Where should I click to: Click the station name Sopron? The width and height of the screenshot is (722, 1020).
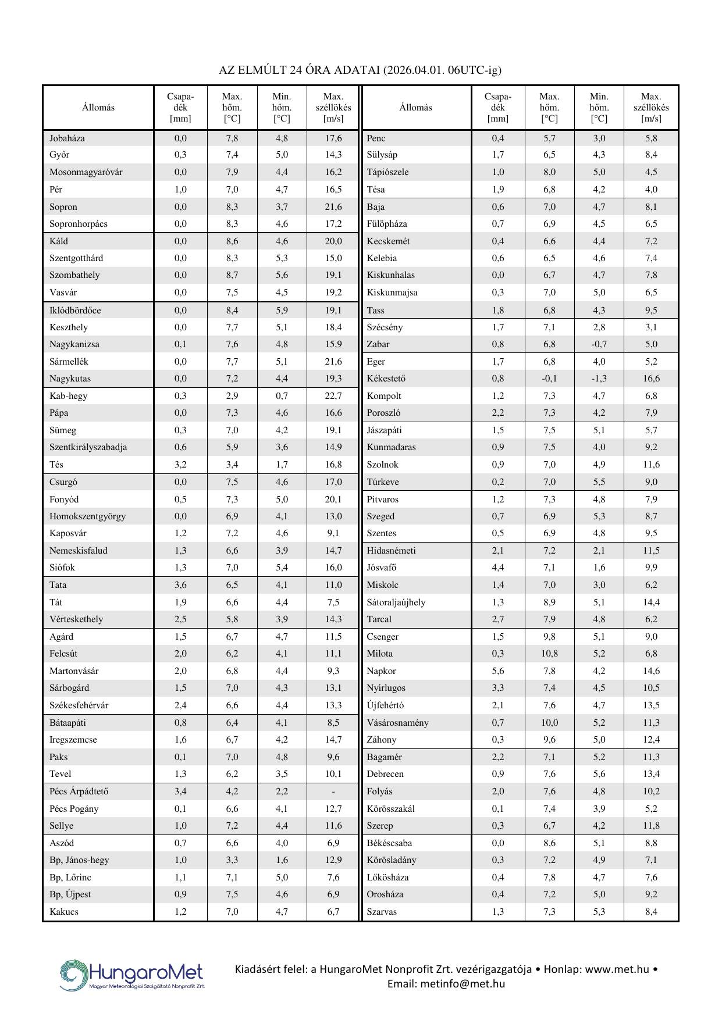tap(63, 207)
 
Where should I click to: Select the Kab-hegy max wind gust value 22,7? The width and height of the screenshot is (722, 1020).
tap(333, 396)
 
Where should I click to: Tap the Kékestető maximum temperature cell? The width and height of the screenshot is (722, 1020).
tap(549, 379)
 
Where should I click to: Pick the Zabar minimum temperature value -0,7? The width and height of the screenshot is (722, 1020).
tap(599, 344)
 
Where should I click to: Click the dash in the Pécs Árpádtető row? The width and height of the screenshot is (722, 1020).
tap(333, 791)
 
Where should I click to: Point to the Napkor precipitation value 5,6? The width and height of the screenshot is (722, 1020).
tap(498, 671)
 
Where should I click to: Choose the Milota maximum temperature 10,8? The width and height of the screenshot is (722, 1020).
tap(549, 654)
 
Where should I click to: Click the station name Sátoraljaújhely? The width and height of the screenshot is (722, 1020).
tap(396, 602)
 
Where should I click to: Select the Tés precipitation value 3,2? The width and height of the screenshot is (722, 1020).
tap(180, 465)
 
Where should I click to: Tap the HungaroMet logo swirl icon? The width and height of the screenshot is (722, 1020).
tap(74, 975)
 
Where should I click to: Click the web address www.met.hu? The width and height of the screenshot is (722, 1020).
tap(617, 969)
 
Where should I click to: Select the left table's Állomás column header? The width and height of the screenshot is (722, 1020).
tap(98, 108)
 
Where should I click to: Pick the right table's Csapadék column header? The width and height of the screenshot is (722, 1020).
tap(498, 108)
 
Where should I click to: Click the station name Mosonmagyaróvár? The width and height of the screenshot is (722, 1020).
tap(86, 172)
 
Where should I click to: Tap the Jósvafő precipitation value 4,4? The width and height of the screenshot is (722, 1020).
tap(498, 568)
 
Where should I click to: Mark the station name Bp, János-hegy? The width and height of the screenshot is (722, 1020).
tap(79, 860)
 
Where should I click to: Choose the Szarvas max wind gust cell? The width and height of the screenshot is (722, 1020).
tap(651, 912)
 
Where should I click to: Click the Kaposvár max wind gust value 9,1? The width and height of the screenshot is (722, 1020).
tap(333, 533)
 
